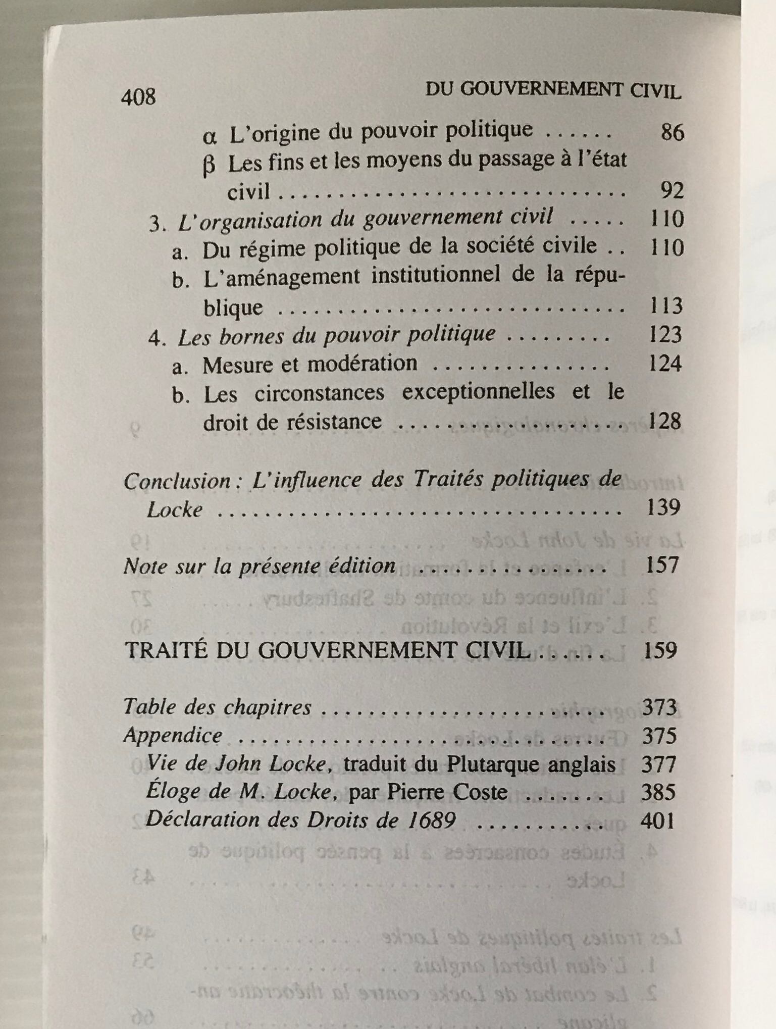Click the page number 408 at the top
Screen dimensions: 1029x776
[138, 96]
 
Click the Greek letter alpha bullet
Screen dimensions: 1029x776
[210, 136]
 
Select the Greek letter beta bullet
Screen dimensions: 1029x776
[209, 166]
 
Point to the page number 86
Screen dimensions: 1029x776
[672, 132]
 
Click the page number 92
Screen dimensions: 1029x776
[672, 190]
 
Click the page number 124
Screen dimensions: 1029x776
[665, 364]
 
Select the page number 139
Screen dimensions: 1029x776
[663, 507]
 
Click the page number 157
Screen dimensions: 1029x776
[662, 565]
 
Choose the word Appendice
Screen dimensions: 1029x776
[173, 735]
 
